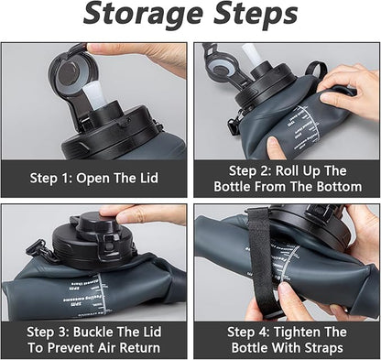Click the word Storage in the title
click(138, 16)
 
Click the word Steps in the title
click(248, 16)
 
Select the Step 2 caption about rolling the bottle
click(287, 179)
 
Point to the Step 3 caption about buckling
click(95, 340)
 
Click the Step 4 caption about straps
click(287, 340)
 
